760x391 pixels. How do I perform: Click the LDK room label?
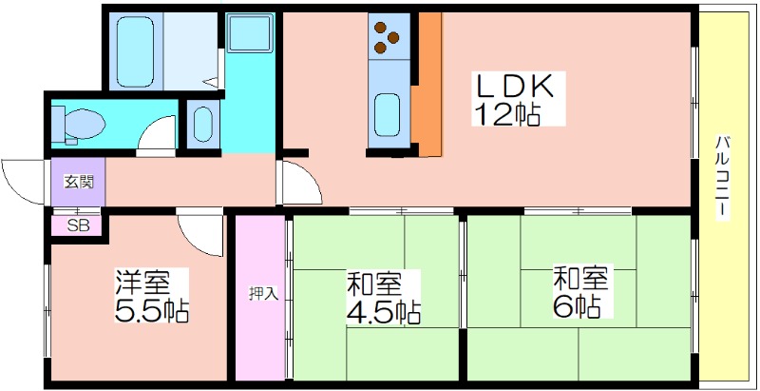tap(515, 88)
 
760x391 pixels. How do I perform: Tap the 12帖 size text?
tap(507, 113)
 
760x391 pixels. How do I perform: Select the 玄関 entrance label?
tap(79, 183)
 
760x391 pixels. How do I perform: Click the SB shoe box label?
tap(78, 225)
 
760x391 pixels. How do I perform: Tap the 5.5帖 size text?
tap(151, 309)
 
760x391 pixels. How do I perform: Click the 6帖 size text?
tap(577, 305)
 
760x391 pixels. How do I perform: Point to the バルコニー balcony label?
tap(724, 179)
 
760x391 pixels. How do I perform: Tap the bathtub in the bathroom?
tap(135, 52)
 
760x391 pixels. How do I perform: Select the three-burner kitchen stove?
tap(389, 37)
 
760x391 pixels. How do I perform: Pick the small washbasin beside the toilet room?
tap(202, 124)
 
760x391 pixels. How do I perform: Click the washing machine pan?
tap(250, 32)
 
